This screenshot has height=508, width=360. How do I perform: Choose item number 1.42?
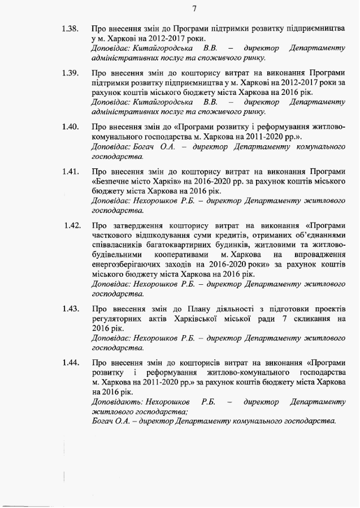coord(72,226)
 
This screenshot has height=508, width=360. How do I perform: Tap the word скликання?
coord(306,319)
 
